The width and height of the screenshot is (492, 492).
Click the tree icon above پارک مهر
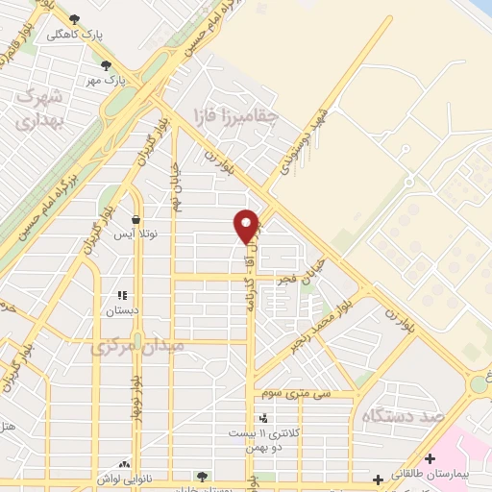click(x=106, y=65)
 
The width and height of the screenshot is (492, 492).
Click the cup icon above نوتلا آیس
click(x=136, y=219)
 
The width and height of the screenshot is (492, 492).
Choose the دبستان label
click(x=122, y=311)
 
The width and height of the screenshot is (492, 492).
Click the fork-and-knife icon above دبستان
click(x=122, y=296)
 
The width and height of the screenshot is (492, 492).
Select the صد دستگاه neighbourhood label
click(x=394, y=416)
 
